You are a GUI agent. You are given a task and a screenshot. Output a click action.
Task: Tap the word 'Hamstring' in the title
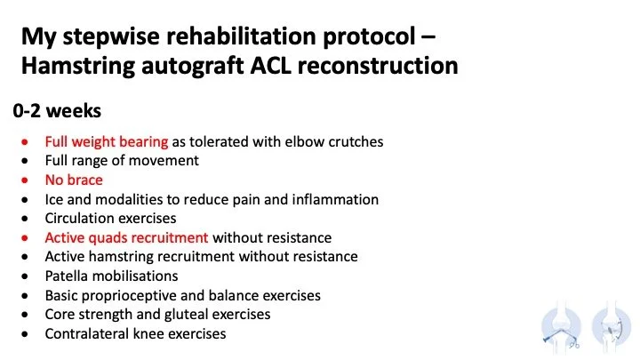78,66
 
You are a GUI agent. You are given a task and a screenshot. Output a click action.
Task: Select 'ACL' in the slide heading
270,65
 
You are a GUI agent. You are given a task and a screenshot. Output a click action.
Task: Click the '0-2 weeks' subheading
57,111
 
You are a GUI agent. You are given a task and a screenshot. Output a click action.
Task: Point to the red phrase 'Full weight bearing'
107,142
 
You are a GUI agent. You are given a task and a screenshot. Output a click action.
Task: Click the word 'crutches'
356,141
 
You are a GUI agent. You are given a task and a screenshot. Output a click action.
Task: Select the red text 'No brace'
74,180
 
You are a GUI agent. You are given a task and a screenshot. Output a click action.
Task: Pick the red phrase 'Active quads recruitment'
126,237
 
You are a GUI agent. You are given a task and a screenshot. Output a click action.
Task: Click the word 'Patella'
67,276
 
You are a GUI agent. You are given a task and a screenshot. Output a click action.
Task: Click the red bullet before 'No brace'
25,180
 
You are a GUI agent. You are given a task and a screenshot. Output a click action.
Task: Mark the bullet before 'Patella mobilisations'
25,276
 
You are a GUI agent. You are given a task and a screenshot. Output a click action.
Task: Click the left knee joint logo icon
562,326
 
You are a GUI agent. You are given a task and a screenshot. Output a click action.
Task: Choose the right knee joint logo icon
611,326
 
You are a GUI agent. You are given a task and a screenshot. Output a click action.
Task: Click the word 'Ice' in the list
53,199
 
